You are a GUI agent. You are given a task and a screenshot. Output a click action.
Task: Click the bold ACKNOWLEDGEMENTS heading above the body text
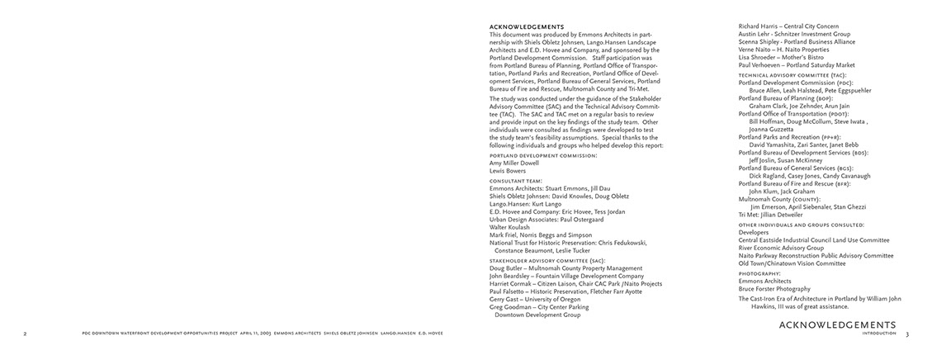[527, 26]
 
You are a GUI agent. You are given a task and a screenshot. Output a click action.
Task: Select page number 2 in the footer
[25, 334]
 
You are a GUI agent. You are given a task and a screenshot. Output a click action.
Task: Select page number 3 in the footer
[906, 334]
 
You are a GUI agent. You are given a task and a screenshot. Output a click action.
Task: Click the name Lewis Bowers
[508, 171]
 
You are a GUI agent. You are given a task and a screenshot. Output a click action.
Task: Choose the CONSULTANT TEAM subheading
[516, 180]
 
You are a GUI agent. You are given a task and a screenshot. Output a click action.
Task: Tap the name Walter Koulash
[511, 227]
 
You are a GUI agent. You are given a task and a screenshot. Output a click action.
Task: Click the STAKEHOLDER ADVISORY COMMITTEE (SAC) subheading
[547, 260]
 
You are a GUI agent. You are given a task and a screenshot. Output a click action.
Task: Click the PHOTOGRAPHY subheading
[759, 273]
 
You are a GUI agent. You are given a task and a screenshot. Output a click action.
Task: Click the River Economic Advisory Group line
[781, 248]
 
